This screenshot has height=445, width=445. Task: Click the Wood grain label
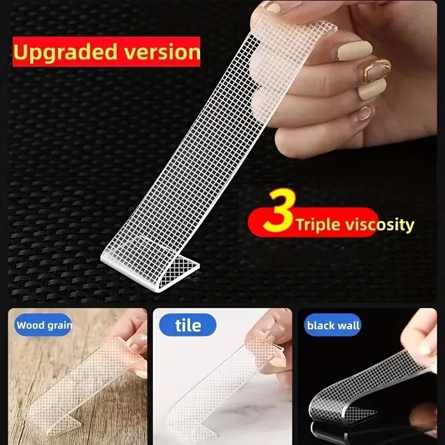44,325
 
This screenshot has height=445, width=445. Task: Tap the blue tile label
188,324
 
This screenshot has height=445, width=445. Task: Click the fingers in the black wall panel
423,339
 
